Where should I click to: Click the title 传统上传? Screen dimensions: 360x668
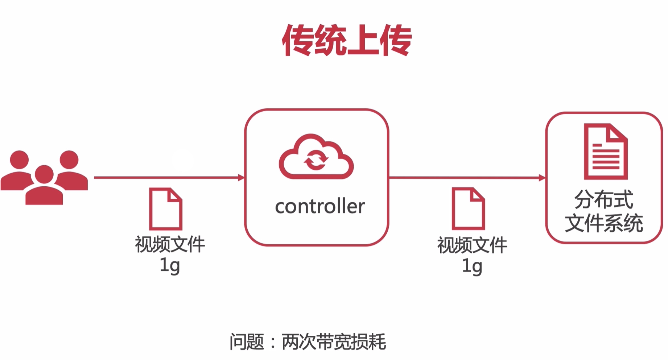point(347,40)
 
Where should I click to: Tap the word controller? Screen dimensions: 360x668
point(319,207)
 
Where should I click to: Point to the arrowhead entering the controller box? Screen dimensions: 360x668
point(241,178)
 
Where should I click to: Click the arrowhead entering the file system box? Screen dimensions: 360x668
point(542,178)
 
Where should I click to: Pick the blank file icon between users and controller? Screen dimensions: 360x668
point(166,209)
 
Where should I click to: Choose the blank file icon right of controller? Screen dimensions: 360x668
point(468,209)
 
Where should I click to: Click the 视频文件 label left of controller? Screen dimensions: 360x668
point(170,244)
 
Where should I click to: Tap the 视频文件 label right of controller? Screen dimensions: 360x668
point(472,245)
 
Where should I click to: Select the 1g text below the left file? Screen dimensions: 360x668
point(170,265)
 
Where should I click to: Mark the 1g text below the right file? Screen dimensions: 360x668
point(472,266)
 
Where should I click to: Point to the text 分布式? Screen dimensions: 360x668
point(603,199)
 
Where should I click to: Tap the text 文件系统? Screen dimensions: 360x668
point(604,223)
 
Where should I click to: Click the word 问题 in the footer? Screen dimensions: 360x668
point(247,342)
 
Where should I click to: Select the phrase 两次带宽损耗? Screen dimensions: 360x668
point(334,342)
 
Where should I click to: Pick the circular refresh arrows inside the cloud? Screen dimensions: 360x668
point(316,160)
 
